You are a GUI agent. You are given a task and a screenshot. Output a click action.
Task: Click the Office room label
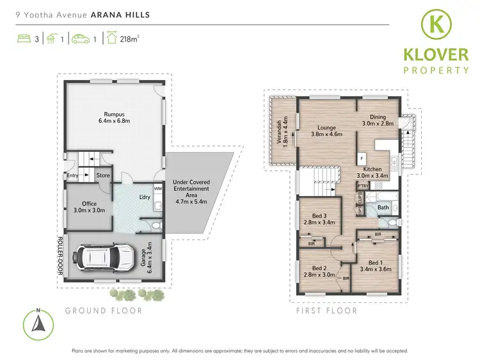pos(84,205)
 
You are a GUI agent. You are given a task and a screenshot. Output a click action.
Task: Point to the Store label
pos(102,174)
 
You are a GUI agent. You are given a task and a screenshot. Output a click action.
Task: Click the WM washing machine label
pos(157,188)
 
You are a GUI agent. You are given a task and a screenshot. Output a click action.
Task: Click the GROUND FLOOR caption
pos(104,311)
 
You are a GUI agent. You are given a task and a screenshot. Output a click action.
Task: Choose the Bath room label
pos(383,208)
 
